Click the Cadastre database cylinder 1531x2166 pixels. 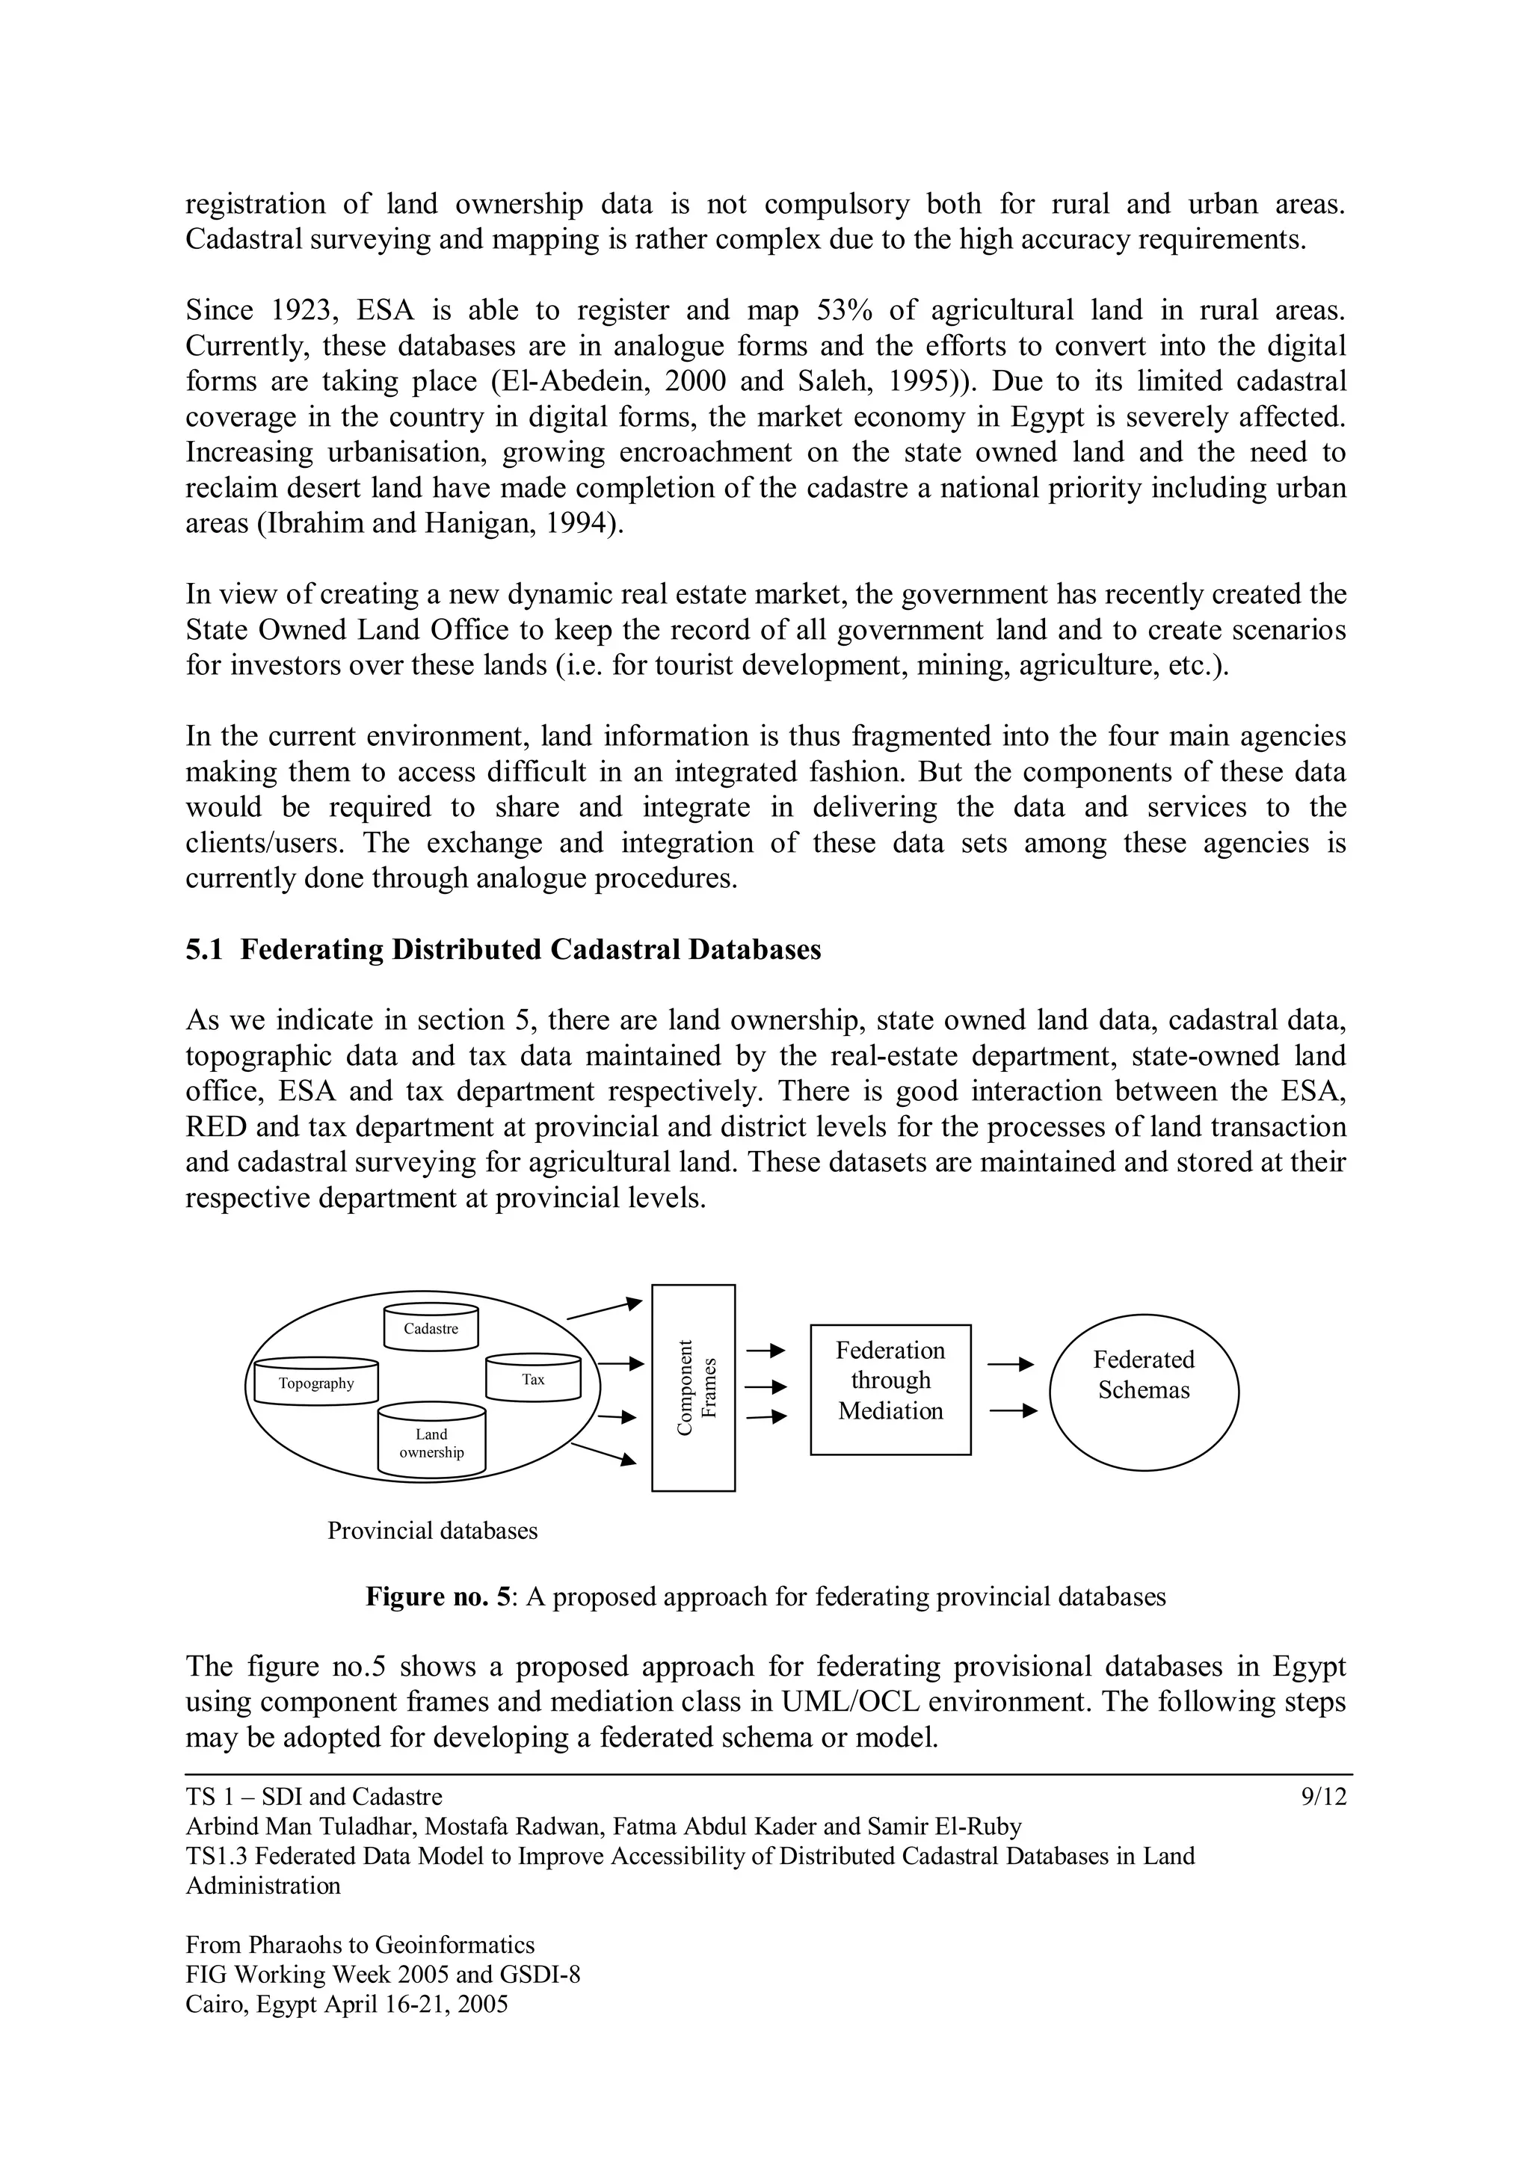tap(431, 1327)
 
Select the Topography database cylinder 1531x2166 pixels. tap(316, 1382)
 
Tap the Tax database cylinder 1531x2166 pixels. tap(533, 1378)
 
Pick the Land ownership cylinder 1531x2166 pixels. tap(431, 1443)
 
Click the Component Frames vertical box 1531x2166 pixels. tap(693, 1388)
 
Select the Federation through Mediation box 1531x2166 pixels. tap(890, 1389)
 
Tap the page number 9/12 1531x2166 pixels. tap(1323, 1797)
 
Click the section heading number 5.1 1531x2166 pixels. tap(204, 950)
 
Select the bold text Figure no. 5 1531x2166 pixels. tap(438, 1597)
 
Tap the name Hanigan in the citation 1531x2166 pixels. tap(484, 524)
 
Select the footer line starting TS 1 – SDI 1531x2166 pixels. tap(314, 1797)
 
